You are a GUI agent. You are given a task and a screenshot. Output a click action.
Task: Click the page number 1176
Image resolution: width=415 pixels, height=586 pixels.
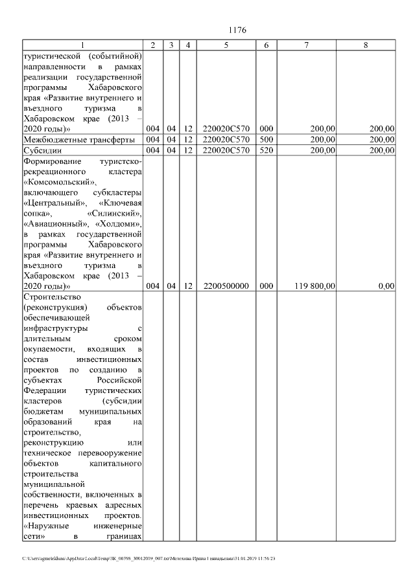(x=238, y=30)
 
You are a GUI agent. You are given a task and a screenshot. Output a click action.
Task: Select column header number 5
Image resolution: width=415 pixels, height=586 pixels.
(x=226, y=45)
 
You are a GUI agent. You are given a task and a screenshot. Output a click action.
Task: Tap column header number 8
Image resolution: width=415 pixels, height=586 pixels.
(x=366, y=45)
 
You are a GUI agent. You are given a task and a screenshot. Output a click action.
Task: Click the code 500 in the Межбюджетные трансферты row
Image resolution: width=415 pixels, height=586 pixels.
(x=266, y=139)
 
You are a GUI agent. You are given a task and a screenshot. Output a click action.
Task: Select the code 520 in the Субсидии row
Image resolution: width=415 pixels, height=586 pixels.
(x=266, y=150)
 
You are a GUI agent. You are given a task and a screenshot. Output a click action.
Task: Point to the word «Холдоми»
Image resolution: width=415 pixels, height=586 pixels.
(x=121, y=223)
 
